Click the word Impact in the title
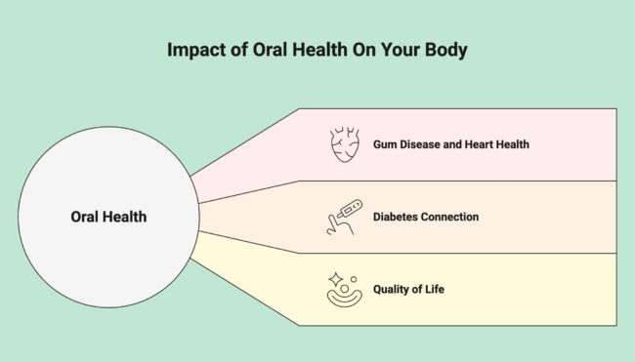coord(190,50)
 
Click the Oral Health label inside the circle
coord(108,217)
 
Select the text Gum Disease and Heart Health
coord(450,144)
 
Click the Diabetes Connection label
coord(426,217)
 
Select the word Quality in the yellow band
coord(395,289)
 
